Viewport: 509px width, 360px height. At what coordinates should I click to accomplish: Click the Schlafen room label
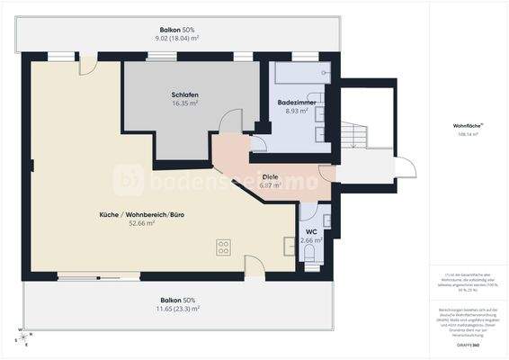click(184, 94)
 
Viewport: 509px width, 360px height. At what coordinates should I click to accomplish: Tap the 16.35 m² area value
click(184, 103)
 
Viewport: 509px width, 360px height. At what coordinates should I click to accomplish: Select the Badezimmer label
click(295, 103)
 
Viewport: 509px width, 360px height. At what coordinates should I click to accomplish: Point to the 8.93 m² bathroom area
click(295, 112)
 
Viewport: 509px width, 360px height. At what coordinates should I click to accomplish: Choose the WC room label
click(311, 231)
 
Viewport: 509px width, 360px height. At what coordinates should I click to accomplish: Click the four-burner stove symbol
click(223, 247)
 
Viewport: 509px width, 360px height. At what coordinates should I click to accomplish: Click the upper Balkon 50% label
click(177, 29)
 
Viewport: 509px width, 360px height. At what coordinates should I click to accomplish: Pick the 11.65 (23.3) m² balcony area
click(177, 309)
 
